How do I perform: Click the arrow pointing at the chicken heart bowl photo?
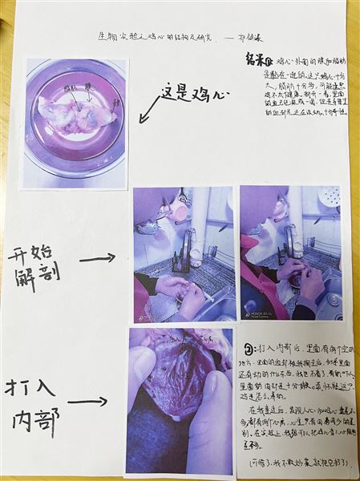click(x=148, y=111)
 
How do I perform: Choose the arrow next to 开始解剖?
click(x=97, y=258)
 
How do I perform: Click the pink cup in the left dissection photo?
click(x=177, y=211)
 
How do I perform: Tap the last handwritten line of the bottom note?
click(x=287, y=463)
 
